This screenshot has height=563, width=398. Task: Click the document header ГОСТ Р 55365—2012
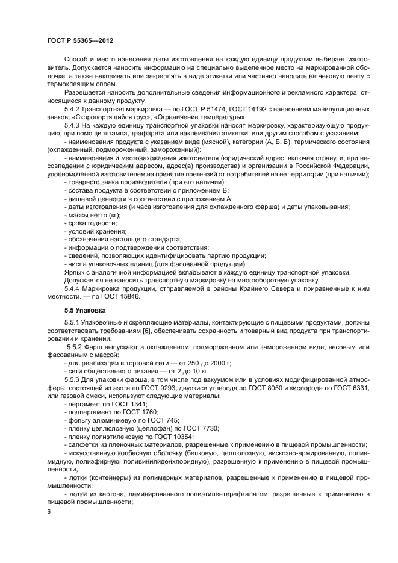tap(80, 40)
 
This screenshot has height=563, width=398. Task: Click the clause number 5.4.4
tap(73, 287)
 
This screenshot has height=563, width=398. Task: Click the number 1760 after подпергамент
tap(141, 412)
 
